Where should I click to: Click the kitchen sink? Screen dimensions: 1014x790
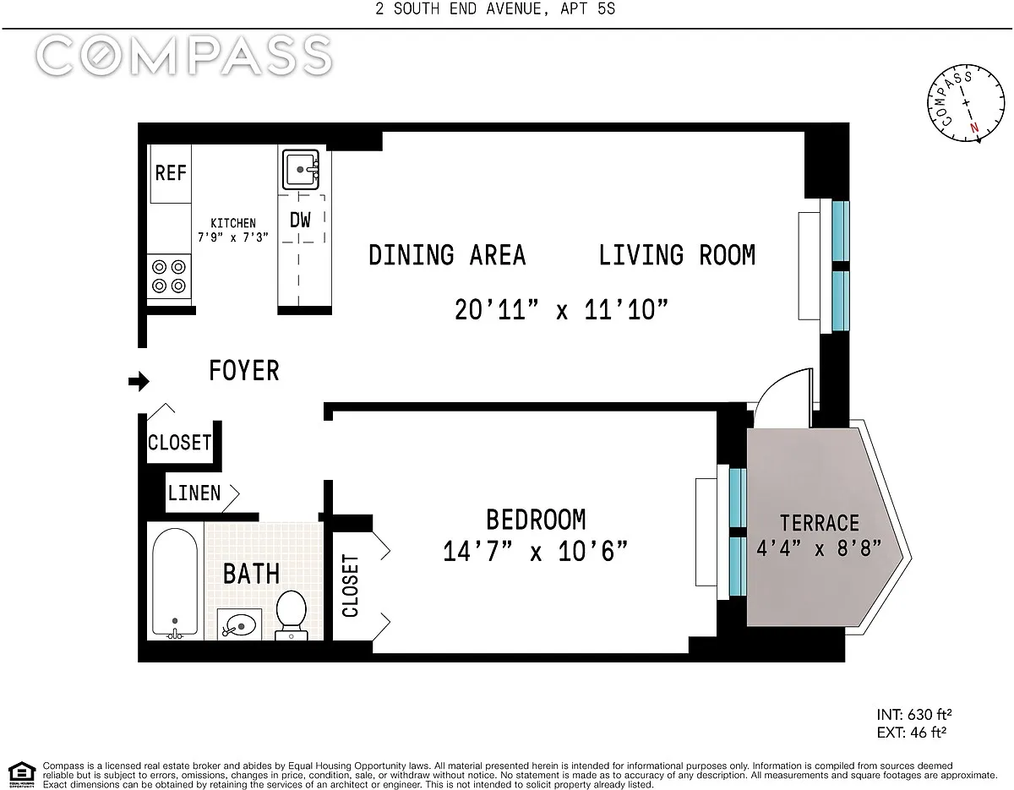[301, 169]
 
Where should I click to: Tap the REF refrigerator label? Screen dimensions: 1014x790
[171, 173]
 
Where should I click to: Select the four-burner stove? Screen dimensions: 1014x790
[169, 276]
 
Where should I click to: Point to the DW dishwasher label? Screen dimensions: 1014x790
[300, 221]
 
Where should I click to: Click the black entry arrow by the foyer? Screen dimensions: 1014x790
[139, 381]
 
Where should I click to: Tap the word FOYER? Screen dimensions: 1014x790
[244, 371]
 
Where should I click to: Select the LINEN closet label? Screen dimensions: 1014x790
[194, 493]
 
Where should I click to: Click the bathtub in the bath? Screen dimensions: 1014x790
[175, 584]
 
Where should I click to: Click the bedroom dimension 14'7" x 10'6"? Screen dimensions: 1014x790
[535, 551]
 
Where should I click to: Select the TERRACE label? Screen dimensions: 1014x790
[820, 523]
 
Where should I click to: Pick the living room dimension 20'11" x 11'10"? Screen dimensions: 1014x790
[561, 310]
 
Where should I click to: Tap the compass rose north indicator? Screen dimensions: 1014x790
[974, 128]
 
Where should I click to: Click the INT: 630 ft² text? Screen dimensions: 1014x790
[914, 715]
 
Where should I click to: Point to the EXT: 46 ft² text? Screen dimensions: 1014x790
[912, 733]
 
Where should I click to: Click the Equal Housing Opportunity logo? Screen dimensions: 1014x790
[22, 775]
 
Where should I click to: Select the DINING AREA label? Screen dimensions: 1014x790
[447, 255]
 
